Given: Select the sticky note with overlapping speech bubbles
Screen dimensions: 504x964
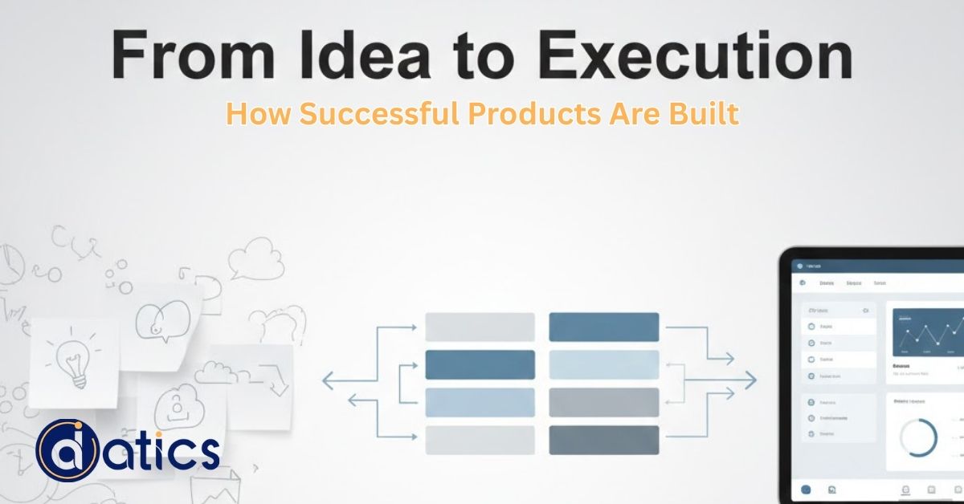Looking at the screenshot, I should [x=165, y=325].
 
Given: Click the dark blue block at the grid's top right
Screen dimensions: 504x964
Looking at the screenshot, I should [x=603, y=327].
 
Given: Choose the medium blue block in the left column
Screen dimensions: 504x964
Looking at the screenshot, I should [x=480, y=364].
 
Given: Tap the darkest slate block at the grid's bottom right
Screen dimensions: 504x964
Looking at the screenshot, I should [x=603, y=439].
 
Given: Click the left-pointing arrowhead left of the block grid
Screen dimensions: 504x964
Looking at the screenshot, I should [x=327, y=380].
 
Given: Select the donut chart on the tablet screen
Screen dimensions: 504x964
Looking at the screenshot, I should [x=918, y=438].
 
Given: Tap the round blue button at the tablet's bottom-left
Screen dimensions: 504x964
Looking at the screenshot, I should [x=806, y=490].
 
